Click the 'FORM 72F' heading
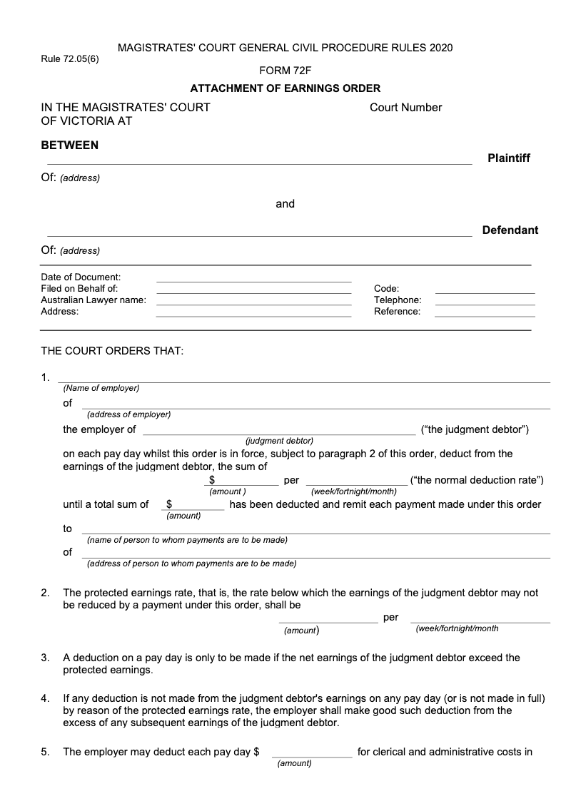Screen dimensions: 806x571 (x=285, y=70)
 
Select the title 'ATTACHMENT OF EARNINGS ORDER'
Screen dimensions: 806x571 (x=285, y=88)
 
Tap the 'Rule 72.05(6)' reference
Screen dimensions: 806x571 (x=70, y=59)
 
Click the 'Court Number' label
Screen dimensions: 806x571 (x=405, y=108)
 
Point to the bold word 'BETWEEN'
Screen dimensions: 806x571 (x=70, y=146)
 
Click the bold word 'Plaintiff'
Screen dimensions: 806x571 (x=508, y=158)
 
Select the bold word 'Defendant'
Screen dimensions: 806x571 (x=510, y=230)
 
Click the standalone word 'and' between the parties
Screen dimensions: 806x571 (x=285, y=204)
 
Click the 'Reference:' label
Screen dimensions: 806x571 (x=397, y=312)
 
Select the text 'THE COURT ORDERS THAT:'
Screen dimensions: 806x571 (x=112, y=352)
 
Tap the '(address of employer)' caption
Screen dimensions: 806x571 (x=128, y=414)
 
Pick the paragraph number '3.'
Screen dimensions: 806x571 (x=45, y=658)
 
